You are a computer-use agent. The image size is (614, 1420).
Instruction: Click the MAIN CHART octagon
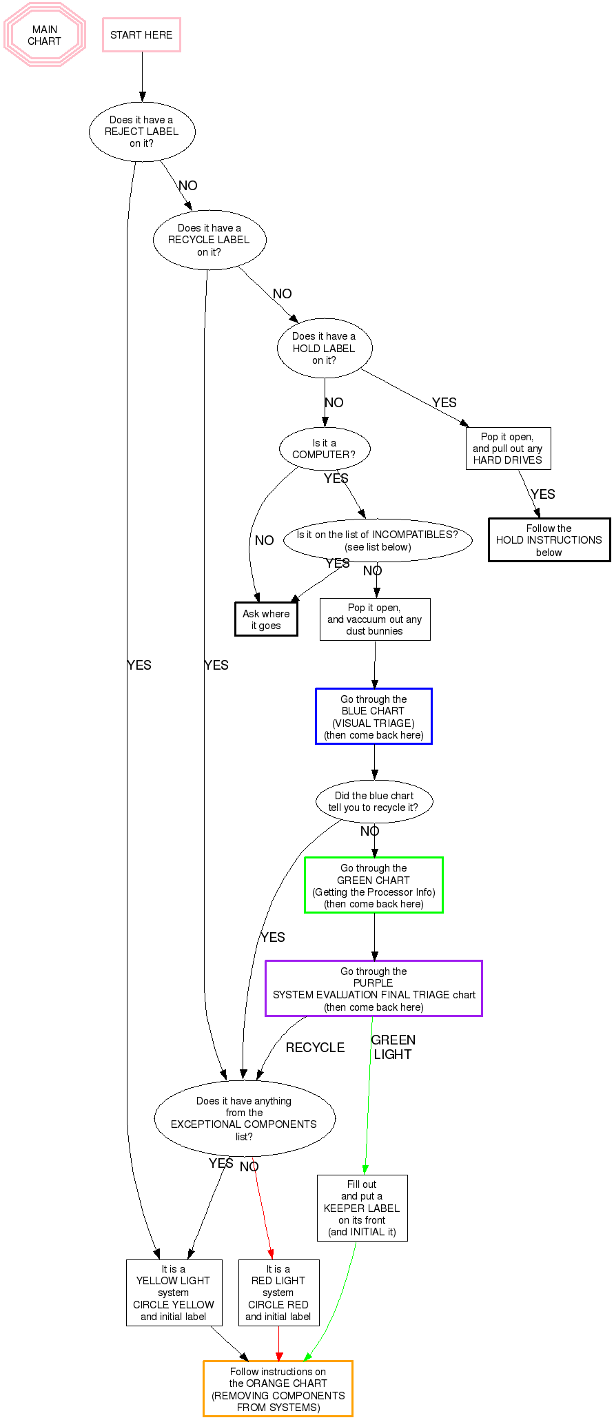click(45, 35)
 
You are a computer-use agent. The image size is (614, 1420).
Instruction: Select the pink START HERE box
click(141, 35)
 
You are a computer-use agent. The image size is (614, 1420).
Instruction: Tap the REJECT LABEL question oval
click(142, 132)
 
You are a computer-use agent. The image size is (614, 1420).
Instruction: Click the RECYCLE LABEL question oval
click(209, 240)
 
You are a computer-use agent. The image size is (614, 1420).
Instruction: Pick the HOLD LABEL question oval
click(325, 348)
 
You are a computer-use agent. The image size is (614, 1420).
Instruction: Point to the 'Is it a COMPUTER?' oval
click(325, 449)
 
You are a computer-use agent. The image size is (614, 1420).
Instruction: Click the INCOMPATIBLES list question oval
click(378, 541)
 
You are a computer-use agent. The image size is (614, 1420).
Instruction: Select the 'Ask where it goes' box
click(266, 619)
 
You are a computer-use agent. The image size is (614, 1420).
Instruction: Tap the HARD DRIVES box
click(508, 449)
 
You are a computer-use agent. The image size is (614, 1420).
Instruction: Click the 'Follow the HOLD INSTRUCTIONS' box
click(549, 540)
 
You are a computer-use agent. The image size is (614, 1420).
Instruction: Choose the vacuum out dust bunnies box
click(375, 619)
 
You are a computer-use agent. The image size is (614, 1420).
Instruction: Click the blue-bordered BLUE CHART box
click(373, 717)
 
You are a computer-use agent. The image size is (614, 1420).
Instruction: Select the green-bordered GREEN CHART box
click(373, 885)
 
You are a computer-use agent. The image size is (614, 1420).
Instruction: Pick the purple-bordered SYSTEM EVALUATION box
click(373, 989)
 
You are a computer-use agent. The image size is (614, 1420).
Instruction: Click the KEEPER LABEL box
click(362, 1208)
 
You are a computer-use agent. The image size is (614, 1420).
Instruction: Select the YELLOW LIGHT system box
click(174, 1293)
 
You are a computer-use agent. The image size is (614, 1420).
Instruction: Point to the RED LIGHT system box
click(278, 1293)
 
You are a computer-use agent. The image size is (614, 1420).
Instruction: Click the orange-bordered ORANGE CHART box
click(278, 1389)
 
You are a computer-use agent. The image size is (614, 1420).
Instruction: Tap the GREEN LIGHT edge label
click(393, 1047)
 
